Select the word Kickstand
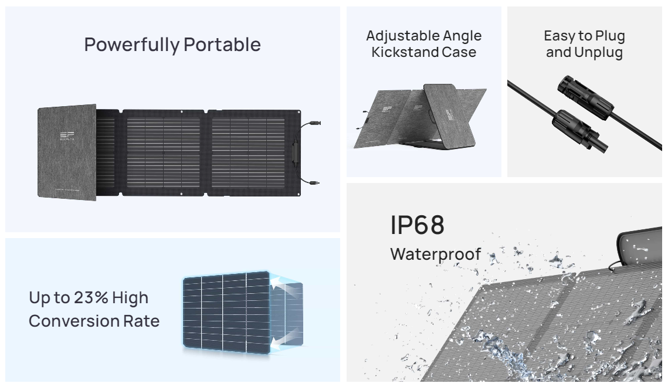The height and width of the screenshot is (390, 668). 402,52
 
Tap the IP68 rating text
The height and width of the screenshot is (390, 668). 418,225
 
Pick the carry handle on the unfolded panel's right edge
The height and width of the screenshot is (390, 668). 296,152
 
